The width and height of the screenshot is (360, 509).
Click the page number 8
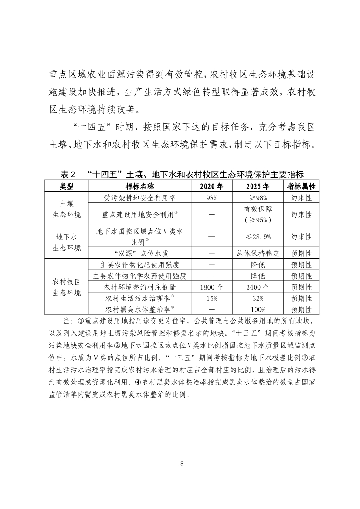(x=182, y=463)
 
